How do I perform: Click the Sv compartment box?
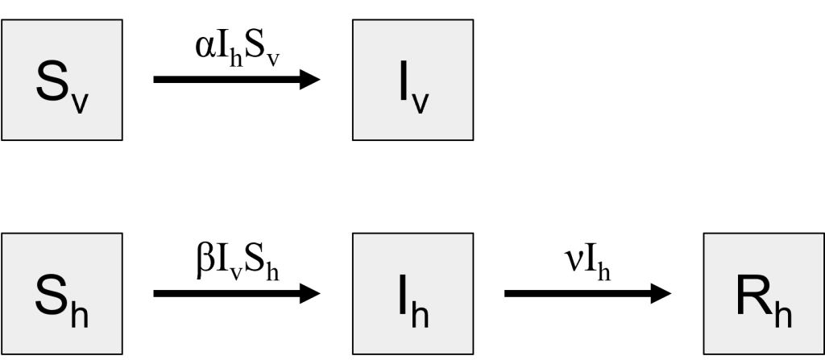click(x=61, y=80)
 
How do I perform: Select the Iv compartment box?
click(x=412, y=80)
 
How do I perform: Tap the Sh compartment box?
click(x=61, y=293)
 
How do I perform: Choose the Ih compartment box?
click(x=412, y=293)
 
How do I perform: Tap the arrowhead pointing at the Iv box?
click(x=311, y=79)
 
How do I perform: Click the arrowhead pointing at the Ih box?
click(x=311, y=293)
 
